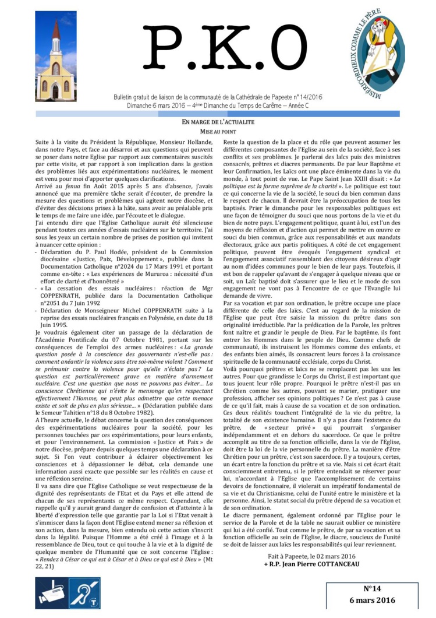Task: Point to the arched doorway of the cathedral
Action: pyautogui.click(x=56, y=90)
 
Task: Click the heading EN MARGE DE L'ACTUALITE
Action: pyautogui.click(x=218, y=123)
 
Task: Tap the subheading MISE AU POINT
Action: pyautogui.click(x=218, y=132)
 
